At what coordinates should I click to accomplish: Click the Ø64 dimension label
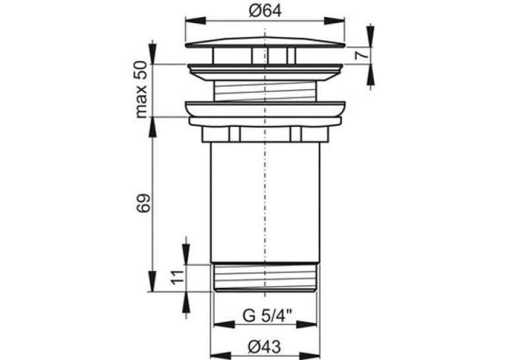click(265, 11)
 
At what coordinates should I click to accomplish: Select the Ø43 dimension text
click(265, 347)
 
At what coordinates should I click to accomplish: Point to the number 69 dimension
click(143, 203)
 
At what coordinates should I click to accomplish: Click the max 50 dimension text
click(141, 90)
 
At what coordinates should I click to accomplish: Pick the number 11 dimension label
click(178, 276)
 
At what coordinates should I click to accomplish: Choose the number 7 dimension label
click(361, 55)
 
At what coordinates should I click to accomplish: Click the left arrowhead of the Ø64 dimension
click(195, 20)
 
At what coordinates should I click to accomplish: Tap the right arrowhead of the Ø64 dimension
click(335, 20)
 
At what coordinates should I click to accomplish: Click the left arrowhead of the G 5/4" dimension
click(224, 324)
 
